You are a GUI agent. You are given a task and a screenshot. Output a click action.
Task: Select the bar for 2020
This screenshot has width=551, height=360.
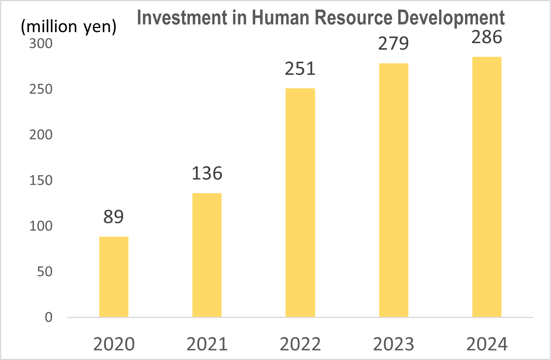tap(114, 277)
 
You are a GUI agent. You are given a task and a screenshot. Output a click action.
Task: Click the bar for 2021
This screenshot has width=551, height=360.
tap(207, 255)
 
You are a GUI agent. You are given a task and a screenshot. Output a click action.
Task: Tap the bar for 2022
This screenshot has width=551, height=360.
tap(300, 203)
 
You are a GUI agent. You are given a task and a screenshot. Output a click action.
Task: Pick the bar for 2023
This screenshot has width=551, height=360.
tap(393, 190)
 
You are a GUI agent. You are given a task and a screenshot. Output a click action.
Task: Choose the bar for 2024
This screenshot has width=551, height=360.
tap(487, 187)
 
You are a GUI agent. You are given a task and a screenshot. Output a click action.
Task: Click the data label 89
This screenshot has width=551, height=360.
tap(114, 217)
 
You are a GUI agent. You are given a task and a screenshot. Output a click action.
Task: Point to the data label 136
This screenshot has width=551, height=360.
tap(207, 173)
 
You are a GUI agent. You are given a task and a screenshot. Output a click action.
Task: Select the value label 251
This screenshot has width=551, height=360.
tap(300, 69)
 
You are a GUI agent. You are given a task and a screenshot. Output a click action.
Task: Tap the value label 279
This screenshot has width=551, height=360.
tap(393, 44)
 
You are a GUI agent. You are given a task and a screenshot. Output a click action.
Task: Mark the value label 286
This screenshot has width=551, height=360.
tap(487, 37)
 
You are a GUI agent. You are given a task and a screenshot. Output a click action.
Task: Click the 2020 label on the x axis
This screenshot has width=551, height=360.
tap(114, 344)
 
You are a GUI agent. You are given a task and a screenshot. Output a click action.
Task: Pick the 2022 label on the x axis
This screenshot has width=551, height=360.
tap(300, 344)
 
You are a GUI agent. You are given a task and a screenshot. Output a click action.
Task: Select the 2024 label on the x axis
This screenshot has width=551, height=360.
tap(487, 344)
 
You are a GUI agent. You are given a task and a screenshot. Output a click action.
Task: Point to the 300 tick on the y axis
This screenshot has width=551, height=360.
tap(41, 44)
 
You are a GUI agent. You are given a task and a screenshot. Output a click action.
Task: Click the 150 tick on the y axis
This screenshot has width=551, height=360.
tap(41, 180)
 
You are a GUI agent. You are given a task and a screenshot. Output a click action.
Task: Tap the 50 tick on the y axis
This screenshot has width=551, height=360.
tap(45, 271)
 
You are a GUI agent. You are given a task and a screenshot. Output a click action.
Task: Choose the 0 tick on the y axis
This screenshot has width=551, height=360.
tap(48, 317)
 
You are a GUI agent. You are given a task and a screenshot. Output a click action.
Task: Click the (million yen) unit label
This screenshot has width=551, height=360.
tap(69, 26)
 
